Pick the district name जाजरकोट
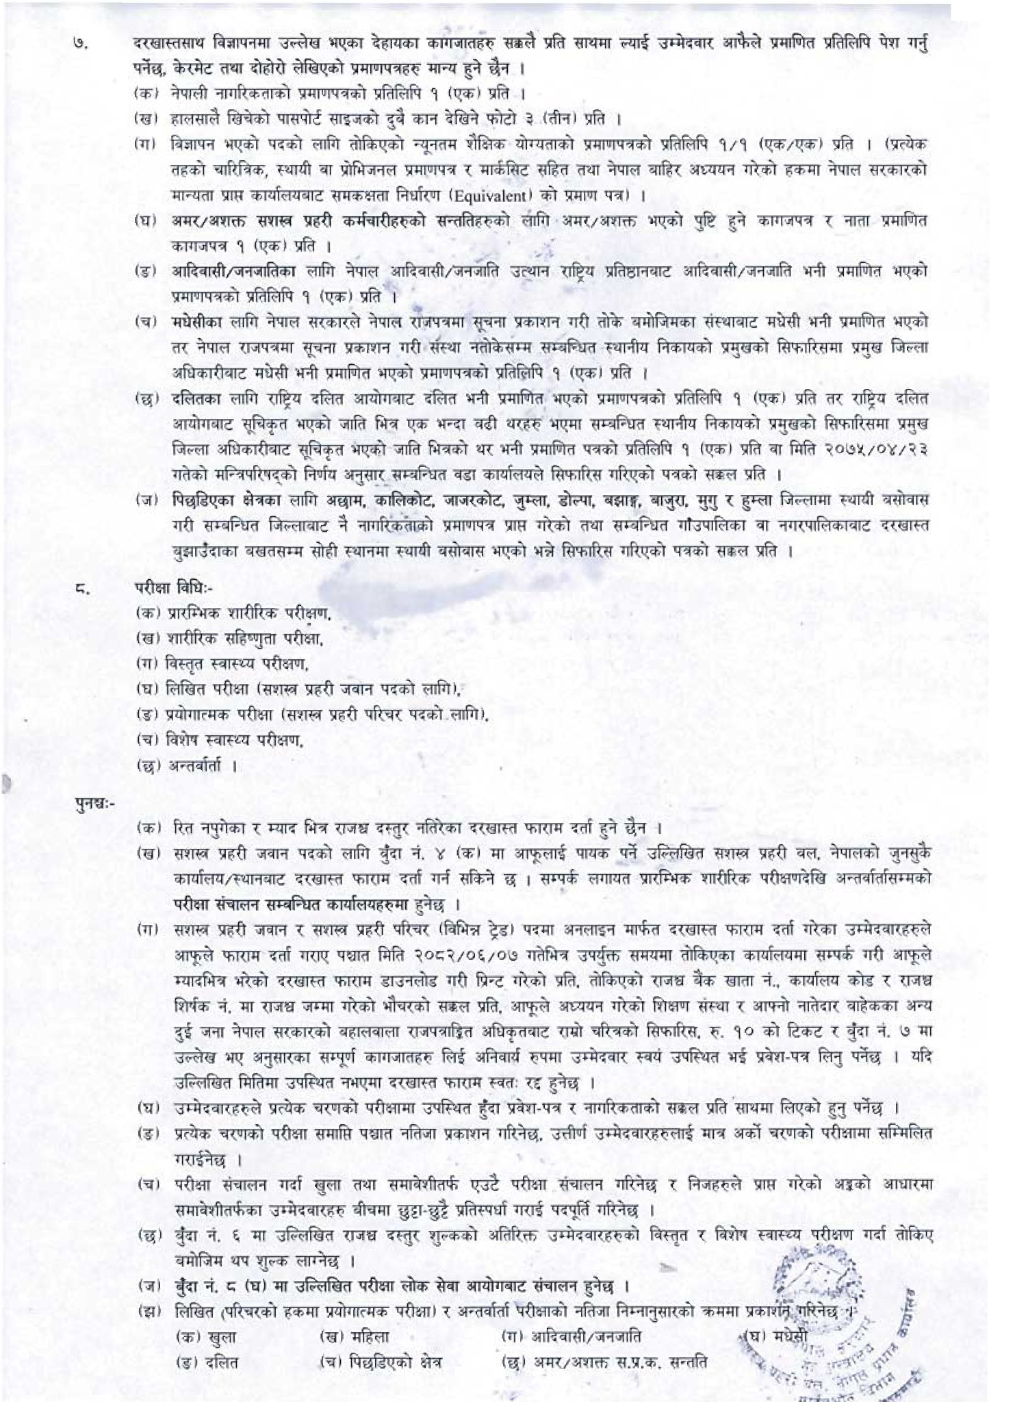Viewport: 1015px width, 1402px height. [472, 500]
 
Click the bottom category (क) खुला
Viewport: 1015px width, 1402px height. [206, 1336]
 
